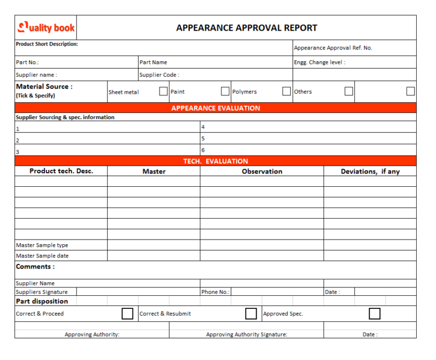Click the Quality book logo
tap(46, 28)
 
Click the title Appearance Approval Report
tap(246, 28)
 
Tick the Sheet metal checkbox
tap(163, 91)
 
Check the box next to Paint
tap(225, 91)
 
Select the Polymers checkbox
tap(287, 91)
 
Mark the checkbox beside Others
tap(349, 91)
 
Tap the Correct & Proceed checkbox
tap(128, 313)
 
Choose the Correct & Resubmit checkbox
tap(251, 313)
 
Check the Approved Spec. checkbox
tap(375, 313)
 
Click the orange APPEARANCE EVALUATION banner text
tap(216, 108)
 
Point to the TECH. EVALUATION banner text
tap(216, 161)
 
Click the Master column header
tap(154, 171)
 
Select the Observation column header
tap(262, 171)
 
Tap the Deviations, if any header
tap(370, 171)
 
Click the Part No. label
tap(27, 62)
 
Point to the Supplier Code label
tap(159, 74)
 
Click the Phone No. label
tap(215, 292)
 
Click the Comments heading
tap(35, 266)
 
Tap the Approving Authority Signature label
tap(246, 334)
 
